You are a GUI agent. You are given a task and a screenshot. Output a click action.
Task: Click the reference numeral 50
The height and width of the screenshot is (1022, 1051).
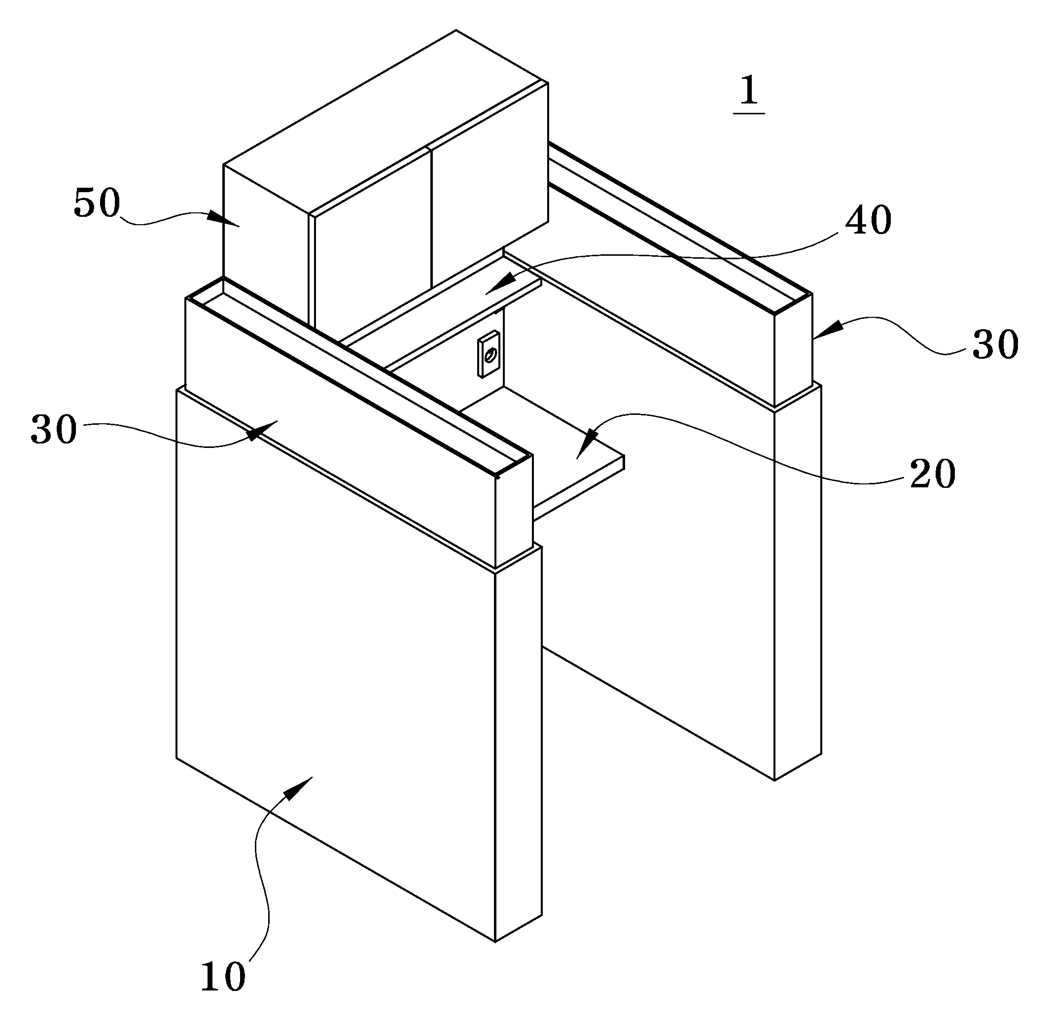pos(97,204)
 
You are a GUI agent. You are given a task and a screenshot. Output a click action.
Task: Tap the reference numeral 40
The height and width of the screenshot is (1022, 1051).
pos(869,221)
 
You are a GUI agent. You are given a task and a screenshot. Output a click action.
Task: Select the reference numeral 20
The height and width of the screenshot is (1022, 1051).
pos(932,474)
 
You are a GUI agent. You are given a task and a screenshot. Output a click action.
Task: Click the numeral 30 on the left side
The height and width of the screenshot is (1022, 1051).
pos(54,429)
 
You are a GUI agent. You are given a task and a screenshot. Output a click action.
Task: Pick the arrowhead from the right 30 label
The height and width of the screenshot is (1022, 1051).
pos(827,329)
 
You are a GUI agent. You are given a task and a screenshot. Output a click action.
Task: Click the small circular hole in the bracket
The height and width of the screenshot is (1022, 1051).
pos(490,354)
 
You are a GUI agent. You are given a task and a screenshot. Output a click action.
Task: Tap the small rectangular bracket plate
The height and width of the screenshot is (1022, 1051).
pos(489,354)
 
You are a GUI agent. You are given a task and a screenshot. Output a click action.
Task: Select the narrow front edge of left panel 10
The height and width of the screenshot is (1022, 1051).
pos(518,744)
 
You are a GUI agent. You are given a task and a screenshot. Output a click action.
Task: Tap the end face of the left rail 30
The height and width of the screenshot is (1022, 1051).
pos(514,512)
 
